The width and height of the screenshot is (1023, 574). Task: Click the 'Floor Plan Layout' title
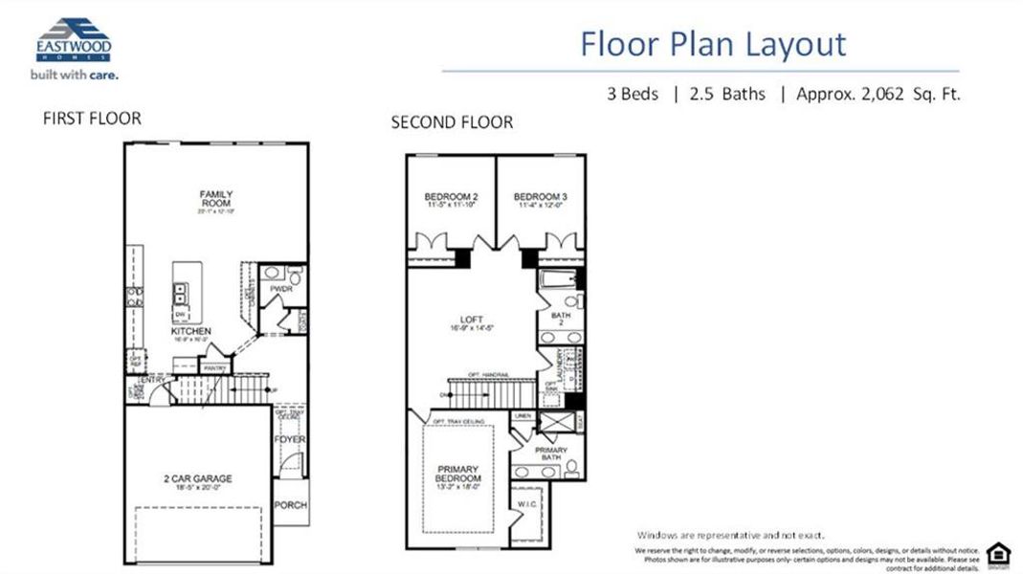point(713,44)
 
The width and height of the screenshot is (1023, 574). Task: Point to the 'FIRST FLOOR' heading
point(92,119)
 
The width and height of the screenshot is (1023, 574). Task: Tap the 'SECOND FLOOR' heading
point(452,122)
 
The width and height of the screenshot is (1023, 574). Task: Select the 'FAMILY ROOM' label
point(216,199)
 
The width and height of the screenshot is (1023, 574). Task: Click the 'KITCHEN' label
point(191,331)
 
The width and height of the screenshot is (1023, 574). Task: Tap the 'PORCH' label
point(291,505)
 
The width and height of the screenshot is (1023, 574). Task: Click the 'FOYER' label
point(289,440)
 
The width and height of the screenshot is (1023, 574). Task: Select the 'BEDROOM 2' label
point(451,198)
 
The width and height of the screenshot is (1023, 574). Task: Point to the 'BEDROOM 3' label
point(541,198)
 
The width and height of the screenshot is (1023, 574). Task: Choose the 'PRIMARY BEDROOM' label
point(459,473)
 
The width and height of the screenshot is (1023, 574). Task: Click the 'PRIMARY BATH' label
point(551,453)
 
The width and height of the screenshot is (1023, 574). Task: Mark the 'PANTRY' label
point(214,366)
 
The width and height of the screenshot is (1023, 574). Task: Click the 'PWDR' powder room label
point(281,286)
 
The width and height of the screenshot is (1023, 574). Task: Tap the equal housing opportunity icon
point(997,553)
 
